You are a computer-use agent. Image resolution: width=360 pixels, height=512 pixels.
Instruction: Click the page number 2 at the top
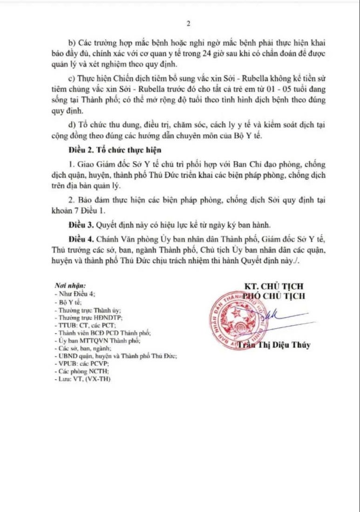189,24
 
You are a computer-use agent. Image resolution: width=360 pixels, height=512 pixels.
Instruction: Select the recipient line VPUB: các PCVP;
82,363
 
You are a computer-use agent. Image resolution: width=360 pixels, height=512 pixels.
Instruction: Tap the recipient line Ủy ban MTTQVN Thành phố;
93,341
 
